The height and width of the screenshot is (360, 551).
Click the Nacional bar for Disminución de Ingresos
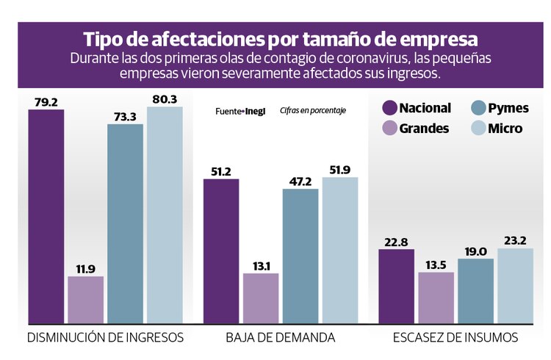tap(46, 216)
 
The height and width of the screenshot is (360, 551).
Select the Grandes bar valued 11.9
tap(85, 300)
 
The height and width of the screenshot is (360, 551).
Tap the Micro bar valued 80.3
tap(165, 215)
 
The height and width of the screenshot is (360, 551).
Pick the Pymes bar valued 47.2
tap(300, 256)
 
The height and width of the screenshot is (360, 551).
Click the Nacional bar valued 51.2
tap(221, 251)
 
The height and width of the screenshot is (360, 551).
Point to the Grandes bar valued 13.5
tap(436, 298)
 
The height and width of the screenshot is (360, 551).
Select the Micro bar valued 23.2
tap(515, 286)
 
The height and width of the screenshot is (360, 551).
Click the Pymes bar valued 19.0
tap(475, 291)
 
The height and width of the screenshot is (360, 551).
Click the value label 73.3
tap(125, 116)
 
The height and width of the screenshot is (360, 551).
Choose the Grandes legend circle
tap(389, 129)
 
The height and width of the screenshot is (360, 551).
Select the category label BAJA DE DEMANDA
tap(280, 338)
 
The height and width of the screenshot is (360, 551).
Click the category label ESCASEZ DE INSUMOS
tap(455, 338)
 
